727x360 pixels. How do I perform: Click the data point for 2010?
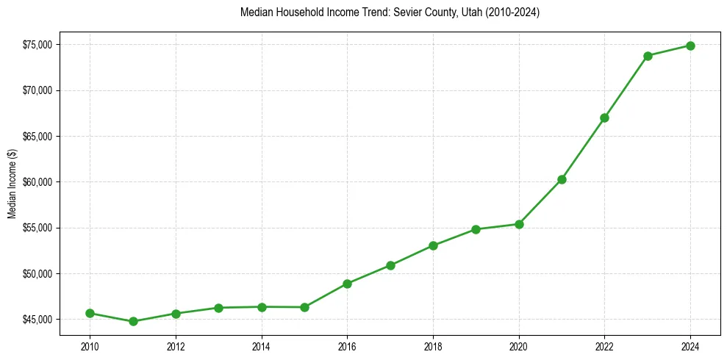[90, 313]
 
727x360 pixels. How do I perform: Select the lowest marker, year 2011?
[133, 321]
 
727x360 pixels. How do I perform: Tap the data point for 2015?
[304, 307]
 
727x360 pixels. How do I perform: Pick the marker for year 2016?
[347, 284]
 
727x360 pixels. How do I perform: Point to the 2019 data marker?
[476, 229]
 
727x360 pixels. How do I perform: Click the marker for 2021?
[562, 179]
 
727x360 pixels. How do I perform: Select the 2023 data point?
[648, 56]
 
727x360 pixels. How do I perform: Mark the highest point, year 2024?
[690, 46]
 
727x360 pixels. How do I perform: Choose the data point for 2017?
[390, 265]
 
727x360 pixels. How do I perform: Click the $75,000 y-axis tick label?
[37, 45]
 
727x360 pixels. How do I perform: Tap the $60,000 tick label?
[37, 182]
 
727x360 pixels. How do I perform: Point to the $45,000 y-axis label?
[37, 320]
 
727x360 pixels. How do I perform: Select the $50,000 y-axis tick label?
[37, 274]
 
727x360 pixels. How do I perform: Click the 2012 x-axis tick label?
[176, 346]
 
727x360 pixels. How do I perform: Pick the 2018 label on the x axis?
[433, 346]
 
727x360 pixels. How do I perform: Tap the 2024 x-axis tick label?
[690, 346]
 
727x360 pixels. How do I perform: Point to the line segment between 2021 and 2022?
[583, 148]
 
